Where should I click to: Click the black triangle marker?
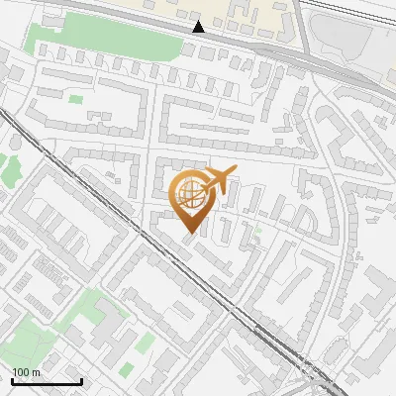coord(199,27)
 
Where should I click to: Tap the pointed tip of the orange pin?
coord(188,233)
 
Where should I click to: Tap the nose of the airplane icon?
coord(235,172)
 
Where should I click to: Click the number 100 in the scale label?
coord(21,372)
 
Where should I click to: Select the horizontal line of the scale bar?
coord(47,381)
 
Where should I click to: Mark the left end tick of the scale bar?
coord(12,379)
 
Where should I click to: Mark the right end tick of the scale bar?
coord(81,379)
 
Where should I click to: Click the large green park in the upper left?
coord(84,36)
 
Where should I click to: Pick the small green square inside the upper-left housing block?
coord(75,98)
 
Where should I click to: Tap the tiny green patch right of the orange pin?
coord(258,230)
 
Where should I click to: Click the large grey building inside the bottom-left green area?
coord(114,337)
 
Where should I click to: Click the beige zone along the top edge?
coord(247,12)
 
